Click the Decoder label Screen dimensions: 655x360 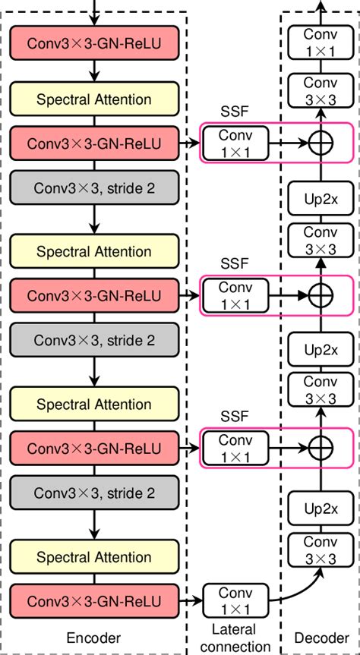click(x=321, y=639)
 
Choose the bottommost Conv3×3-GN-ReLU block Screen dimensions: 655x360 click(x=95, y=600)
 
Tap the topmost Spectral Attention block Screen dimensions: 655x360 click(x=95, y=99)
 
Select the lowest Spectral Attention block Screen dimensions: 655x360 click(x=95, y=558)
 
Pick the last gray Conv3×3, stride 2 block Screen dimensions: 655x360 click(x=95, y=493)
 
